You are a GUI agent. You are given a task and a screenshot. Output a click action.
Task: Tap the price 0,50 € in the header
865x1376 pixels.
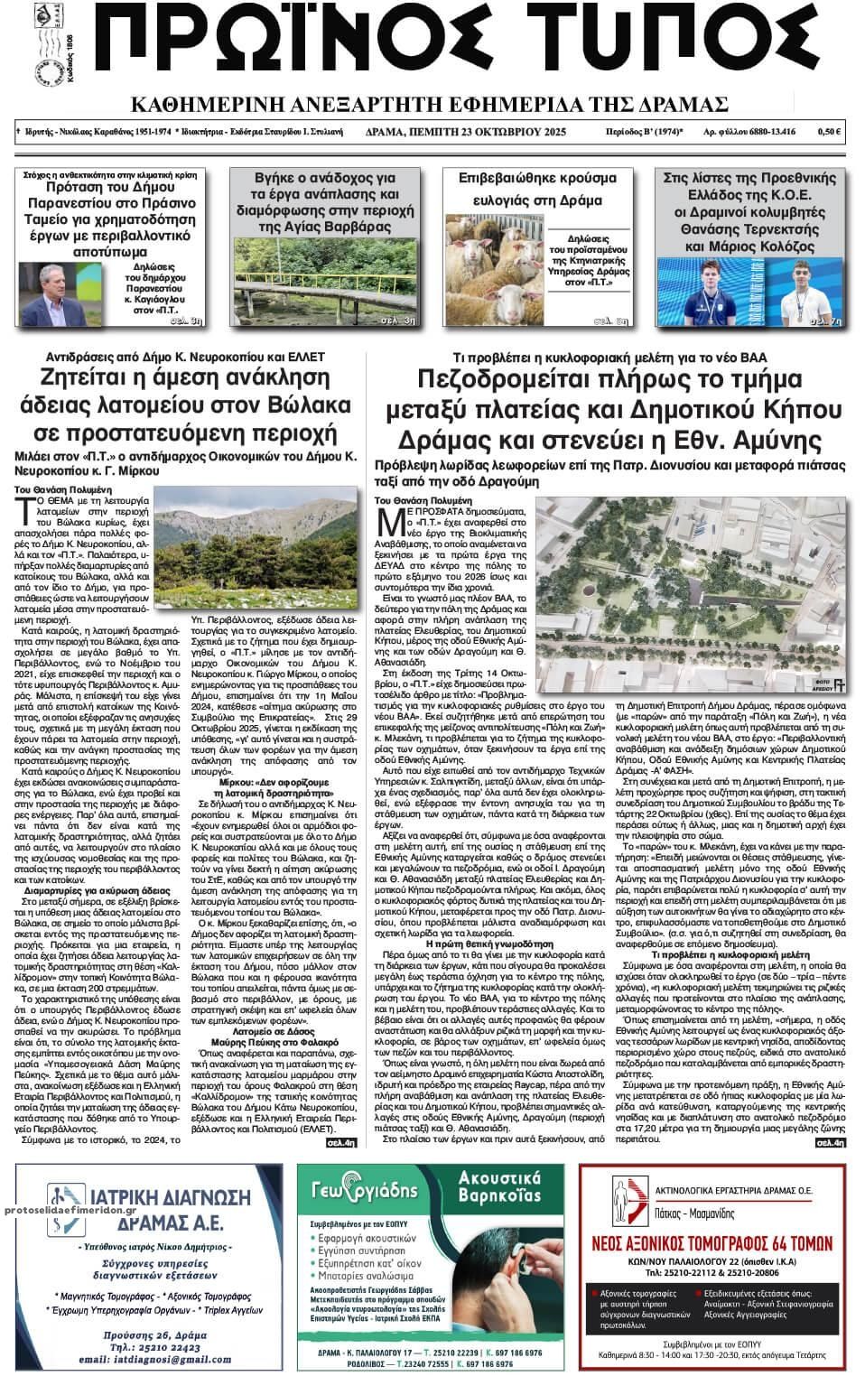829,132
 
